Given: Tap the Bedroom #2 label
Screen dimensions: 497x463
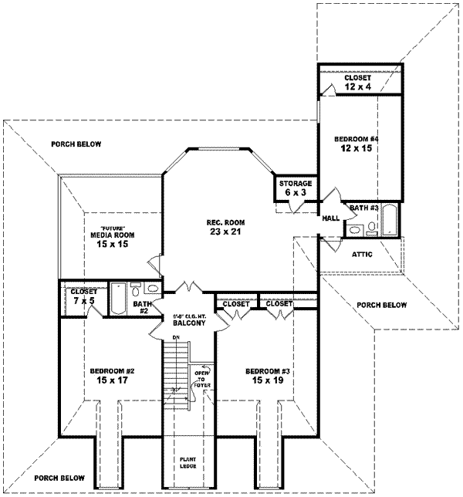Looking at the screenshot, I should pyautogui.click(x=109, y=374).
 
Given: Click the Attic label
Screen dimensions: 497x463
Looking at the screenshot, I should pyautogui.click(x=363, y=253).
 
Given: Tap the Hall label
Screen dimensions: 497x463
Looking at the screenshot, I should pyautogui.click(x=331, y=219).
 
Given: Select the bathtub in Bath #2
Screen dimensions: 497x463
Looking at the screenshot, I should pyautogui.click(x=119, y=299).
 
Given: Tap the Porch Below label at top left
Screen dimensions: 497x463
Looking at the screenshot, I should pyautogui.click(x=76, y=144).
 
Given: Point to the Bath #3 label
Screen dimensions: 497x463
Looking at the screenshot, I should pyautogui.click(x=362, y=207).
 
